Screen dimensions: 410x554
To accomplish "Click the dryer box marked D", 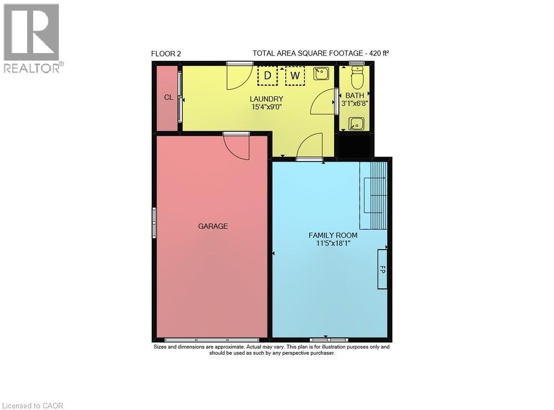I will [x=268, y=76].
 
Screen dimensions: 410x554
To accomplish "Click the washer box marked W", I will [x=295, y=76].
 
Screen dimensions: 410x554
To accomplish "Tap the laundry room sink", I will [x=321, y=74].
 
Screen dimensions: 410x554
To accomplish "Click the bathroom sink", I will [x=357, y=123].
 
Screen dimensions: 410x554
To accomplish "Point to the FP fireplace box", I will [x=382, y=269].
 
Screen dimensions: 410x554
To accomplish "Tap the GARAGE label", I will [x=213, y=226].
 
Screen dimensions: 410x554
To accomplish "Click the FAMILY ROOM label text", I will [x=333, y=235].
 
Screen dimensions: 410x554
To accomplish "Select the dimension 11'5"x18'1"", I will [x=333, y=243].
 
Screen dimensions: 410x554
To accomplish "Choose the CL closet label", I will [x=168, y=97].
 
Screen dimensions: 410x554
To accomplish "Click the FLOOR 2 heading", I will [x=166, y=54].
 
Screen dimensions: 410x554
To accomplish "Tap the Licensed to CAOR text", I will [x=32, y=406].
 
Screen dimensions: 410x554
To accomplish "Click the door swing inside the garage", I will [x=237, y=146].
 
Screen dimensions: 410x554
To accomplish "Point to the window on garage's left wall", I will [x=154, y=222].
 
